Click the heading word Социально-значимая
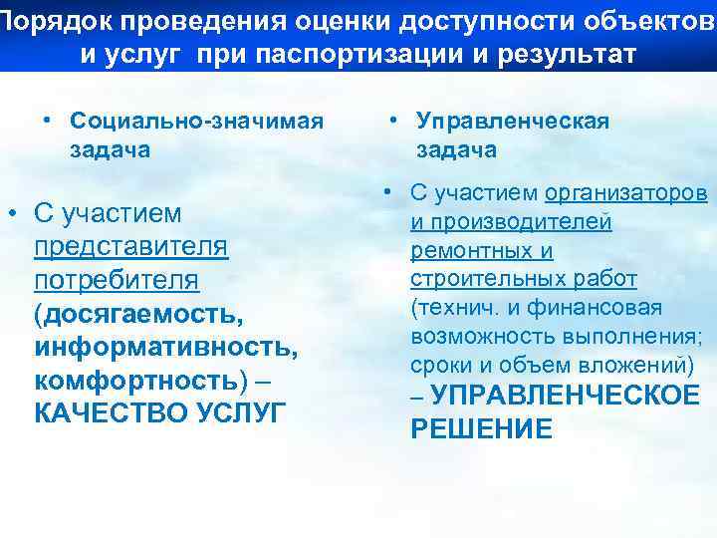(197, 121)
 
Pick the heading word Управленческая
(513, 121)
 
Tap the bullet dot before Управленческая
(395, 121)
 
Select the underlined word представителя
(130, 247)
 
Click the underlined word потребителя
(117, 281)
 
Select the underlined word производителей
(510, 221)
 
